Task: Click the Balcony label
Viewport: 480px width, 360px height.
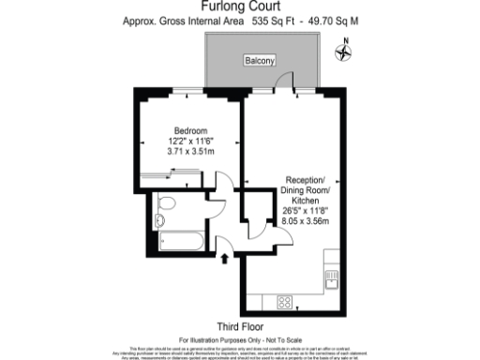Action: pos(259,61)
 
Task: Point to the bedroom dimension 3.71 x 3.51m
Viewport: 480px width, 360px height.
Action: pos(190,150)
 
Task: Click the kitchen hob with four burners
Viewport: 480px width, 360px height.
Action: pos(283,301)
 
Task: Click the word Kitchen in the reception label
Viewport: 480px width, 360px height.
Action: pos(307,200)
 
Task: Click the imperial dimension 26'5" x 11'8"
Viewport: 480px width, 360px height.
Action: pos(307,211)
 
